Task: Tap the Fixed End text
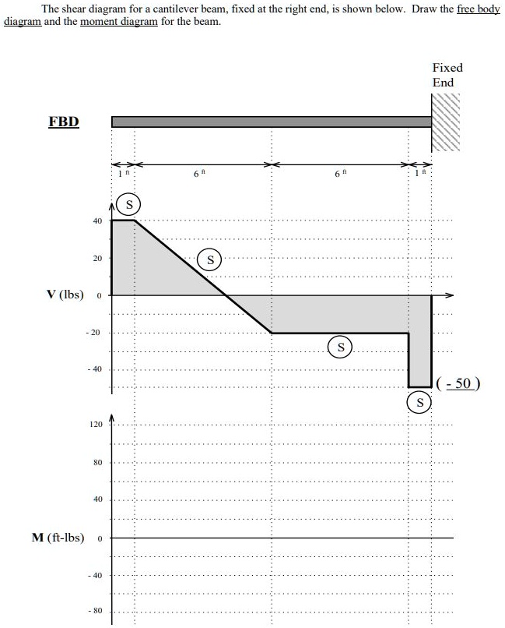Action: pyautogui.click(x=447, y=75)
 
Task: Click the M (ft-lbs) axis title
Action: pyautogui.click(x=58, y=538)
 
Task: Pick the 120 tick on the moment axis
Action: pyautogui.click(x=96, y=425)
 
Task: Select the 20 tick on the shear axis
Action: pyautogui.click(x=98, y=258)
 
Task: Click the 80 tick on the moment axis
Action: pyautogui.click(x=97, y=463)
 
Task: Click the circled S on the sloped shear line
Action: pyautogui.click(x=210, y=259)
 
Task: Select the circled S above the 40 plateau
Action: pyautogui.click(x=131, y=205)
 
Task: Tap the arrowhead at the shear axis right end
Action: pyautogui.click(x=449, y=295)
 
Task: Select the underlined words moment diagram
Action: pyautogui.click(x=109, y=22)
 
